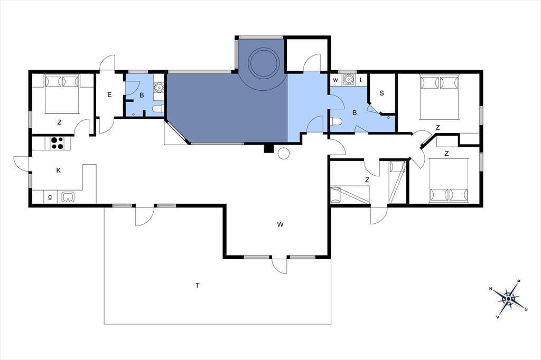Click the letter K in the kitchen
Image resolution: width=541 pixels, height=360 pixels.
click(x=58, y=170)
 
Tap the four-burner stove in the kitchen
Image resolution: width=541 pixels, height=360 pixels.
click(x=57, y=143)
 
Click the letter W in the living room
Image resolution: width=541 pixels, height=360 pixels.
click(x=280, y=225)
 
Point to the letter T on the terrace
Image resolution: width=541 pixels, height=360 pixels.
click(x=198, y=286)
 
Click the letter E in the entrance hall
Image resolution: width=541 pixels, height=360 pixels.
click(x=109, y=95)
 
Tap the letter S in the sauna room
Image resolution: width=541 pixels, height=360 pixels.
click(x=381, y=93)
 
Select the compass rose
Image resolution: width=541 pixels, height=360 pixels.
click(x=509, y=298)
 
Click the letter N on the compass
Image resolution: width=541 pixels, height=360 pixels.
click(x=491, y=289)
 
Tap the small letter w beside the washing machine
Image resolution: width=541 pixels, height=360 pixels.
click(x=335, y=80)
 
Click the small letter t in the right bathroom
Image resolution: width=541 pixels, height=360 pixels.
click(x=361, y=80)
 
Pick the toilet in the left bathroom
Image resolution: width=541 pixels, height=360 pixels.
click(x=158, y=109)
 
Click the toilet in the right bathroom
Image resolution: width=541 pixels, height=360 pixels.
click(x=336, y=122)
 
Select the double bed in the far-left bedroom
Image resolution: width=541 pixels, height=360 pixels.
click(x=62, y=93)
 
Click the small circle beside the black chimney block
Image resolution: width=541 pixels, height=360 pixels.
click(x=284, y=153)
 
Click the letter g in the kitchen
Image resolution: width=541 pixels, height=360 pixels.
click(x=50, y=197)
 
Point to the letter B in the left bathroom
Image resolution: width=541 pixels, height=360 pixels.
click(x=142, y=96)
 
